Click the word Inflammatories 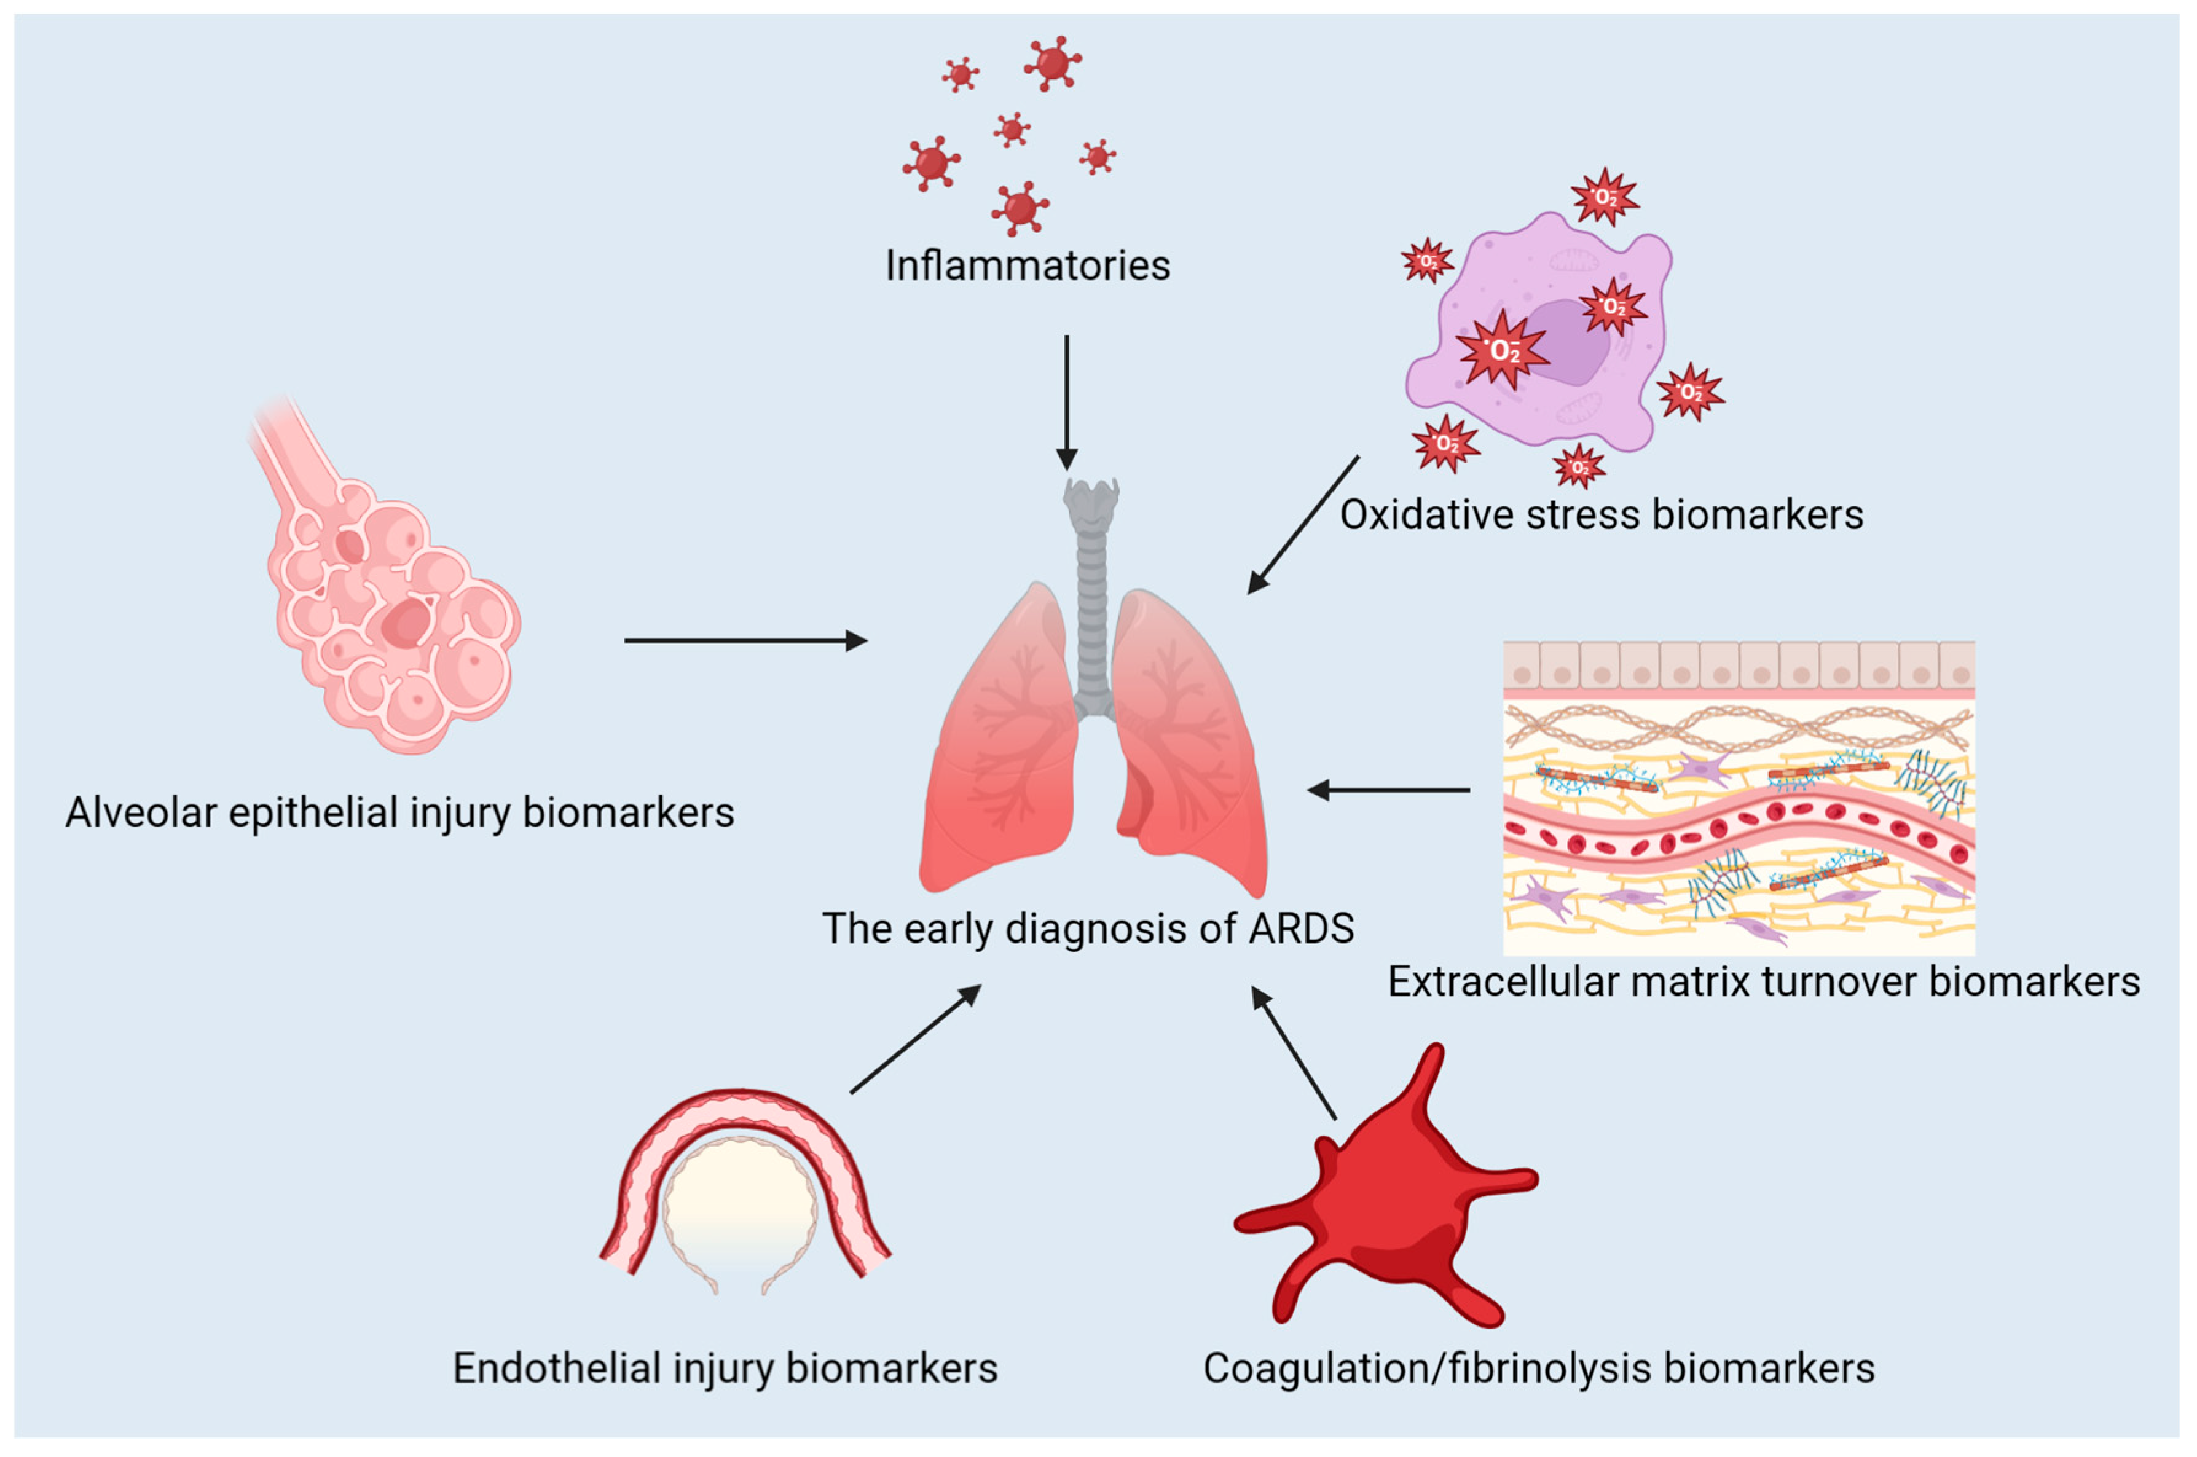(x=1027, y=265)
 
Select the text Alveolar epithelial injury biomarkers (x=399, y=812)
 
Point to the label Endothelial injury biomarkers (x=725, y=1368)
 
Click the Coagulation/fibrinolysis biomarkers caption (x=1539, y=1368)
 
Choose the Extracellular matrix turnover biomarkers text (x=1764, y=981)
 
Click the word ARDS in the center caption (x=1300, y=929)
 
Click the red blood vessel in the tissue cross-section (x=1738, y=827)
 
